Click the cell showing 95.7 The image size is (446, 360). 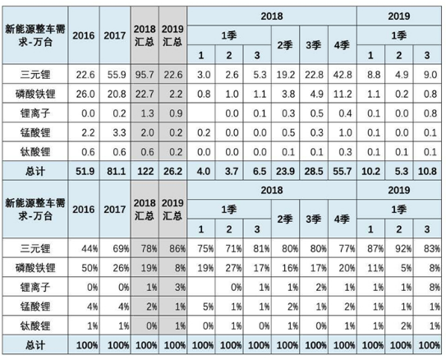(x=145, y=75)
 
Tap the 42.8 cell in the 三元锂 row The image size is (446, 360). (x=343, y=75)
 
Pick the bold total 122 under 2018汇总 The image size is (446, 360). (x=145, y=171)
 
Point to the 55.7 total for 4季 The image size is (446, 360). (x=343, y=171)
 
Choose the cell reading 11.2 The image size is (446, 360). (x=343, y=94)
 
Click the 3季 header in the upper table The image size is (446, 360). (x=314, y=45)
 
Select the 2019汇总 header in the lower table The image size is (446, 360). (x=172, y=210)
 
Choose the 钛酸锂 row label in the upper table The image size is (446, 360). (x=35, y=152)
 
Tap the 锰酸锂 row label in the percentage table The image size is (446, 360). (x=35, y=307)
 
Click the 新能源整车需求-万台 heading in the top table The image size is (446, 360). (x=35, y=35)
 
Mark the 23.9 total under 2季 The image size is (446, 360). (x=285, y=171)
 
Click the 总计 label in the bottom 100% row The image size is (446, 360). (x=35, y=345)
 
